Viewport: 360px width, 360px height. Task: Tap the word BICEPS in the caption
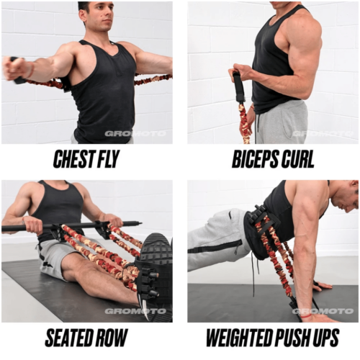click(x=255, y=159)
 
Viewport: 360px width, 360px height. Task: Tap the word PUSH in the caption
click(x=294, y=338)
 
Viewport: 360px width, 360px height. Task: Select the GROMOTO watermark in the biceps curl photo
click(x=322, y=133)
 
